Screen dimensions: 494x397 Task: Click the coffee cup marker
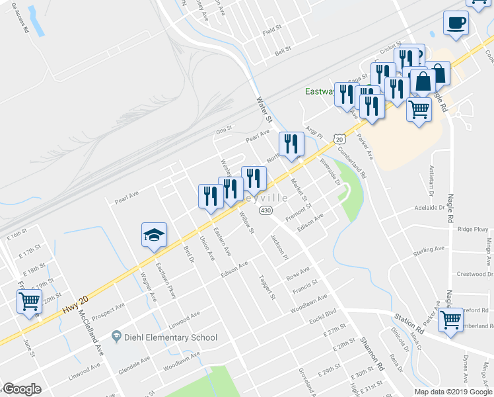(x=456, y=23)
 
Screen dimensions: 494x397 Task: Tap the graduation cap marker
(x=154, y=235)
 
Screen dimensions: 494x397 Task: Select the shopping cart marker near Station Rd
(x=451, y=320)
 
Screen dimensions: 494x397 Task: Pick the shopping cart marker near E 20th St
(x=29, y=302)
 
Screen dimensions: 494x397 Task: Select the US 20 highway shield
(x=339, y=140)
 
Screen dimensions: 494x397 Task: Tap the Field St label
(x=271, y=31)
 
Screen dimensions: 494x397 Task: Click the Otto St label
(x=225, y=129)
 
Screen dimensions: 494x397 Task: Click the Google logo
(x=22, y=389)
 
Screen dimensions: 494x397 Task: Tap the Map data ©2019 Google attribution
(x=453, y=391)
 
